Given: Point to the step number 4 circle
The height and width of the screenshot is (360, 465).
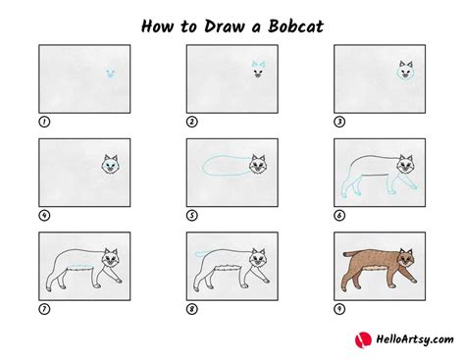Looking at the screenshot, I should click(x=43, y=214).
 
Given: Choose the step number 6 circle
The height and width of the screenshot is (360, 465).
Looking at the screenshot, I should click(x=338, y=214).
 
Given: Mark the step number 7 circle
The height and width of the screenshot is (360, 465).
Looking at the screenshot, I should click(x=43, y=308).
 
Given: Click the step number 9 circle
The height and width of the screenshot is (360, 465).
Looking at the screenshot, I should click(x=338, y=308).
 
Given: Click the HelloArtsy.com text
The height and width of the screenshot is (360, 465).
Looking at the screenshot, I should click(x=402, y=339).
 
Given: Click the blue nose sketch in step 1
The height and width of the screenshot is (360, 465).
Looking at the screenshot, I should click(x=110, y=74).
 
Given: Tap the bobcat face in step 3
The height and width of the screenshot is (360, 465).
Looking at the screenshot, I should click(x=404, y=71).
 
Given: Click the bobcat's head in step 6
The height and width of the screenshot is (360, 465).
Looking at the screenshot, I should click(x=404, y=163).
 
